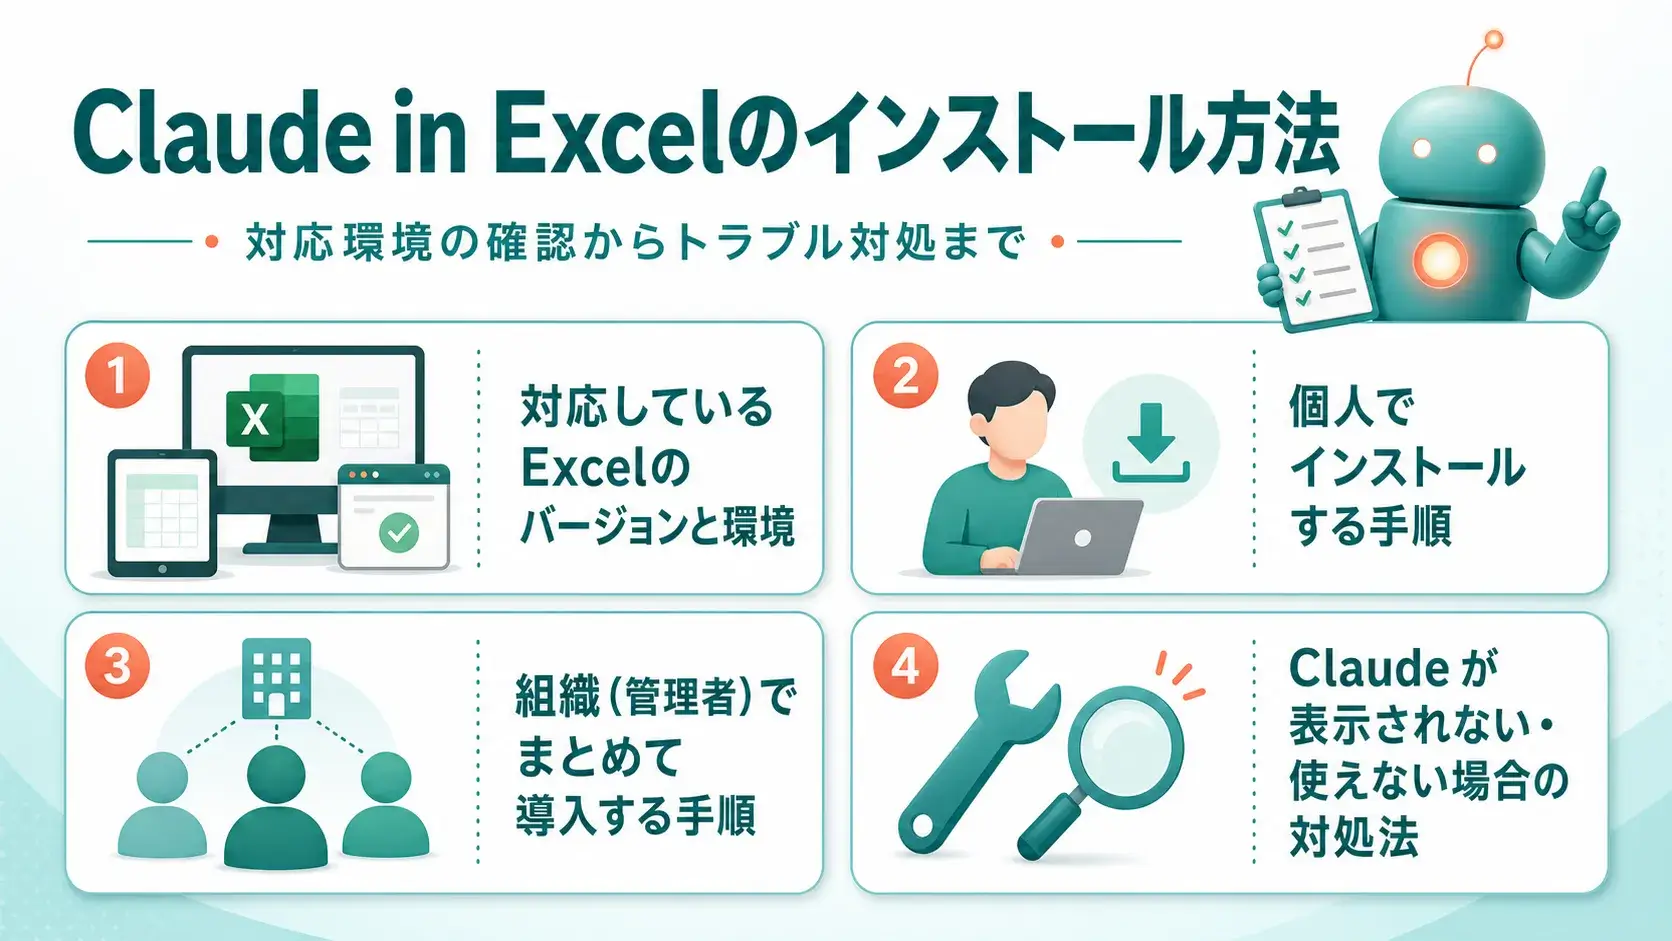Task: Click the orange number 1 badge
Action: tap(117, 376)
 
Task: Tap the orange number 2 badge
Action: tap(905, 376)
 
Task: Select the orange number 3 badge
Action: tap(117, 666)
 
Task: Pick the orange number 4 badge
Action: tap(905, 666)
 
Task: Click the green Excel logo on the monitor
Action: tap(272, 417)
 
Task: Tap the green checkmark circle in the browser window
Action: tap(399, 532)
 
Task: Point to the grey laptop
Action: tap(1075, 537)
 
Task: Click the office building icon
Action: tap(276, 678)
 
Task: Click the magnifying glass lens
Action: tap(1126, 748)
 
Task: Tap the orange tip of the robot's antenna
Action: tap(1493, 40)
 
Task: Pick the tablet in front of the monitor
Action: tap(163, 513)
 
